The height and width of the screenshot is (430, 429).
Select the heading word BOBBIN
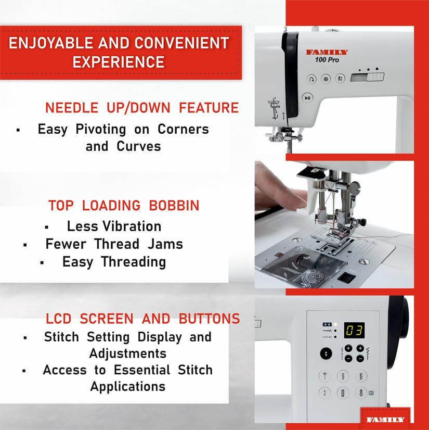[x=174, y=206]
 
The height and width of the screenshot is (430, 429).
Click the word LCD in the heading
[x=58, y=319]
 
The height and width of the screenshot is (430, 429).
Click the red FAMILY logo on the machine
[x=327, y=53]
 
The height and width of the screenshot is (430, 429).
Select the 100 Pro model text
[x=328, y=60]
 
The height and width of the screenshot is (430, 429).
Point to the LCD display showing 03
[x=354, y=330]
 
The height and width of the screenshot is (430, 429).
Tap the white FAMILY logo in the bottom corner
[x=385, y=419]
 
